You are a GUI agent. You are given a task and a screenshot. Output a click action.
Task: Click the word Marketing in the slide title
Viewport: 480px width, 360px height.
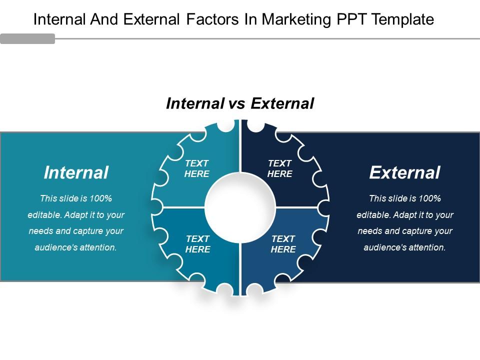(294, 19)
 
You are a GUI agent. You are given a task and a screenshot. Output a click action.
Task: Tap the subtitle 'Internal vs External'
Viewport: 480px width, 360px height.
(239, 103)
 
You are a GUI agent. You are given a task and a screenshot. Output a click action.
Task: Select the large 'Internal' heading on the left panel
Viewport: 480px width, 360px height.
(76, 172)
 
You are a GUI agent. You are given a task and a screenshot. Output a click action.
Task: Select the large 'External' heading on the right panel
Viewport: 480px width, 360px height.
(404, 172)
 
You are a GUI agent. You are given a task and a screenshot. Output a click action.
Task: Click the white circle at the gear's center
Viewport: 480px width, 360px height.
(240, 207)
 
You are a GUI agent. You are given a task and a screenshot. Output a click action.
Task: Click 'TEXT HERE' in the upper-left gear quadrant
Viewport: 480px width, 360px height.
(197, 169)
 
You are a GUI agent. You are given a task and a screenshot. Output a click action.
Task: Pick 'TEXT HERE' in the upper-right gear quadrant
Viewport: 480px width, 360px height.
(280, 169)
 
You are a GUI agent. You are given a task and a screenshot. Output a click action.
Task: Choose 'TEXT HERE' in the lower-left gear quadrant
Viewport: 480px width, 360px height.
(198, 244)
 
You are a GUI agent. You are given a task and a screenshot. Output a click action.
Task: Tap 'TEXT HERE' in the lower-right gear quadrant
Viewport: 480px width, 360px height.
(283, 244)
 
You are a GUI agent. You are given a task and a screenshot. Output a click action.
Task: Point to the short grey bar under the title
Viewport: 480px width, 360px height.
(27, 39)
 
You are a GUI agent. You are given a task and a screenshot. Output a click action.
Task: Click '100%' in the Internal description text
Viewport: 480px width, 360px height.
(101, 198)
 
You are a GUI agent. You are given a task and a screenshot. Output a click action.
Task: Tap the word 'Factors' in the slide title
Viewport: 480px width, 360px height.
(207, 19)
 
